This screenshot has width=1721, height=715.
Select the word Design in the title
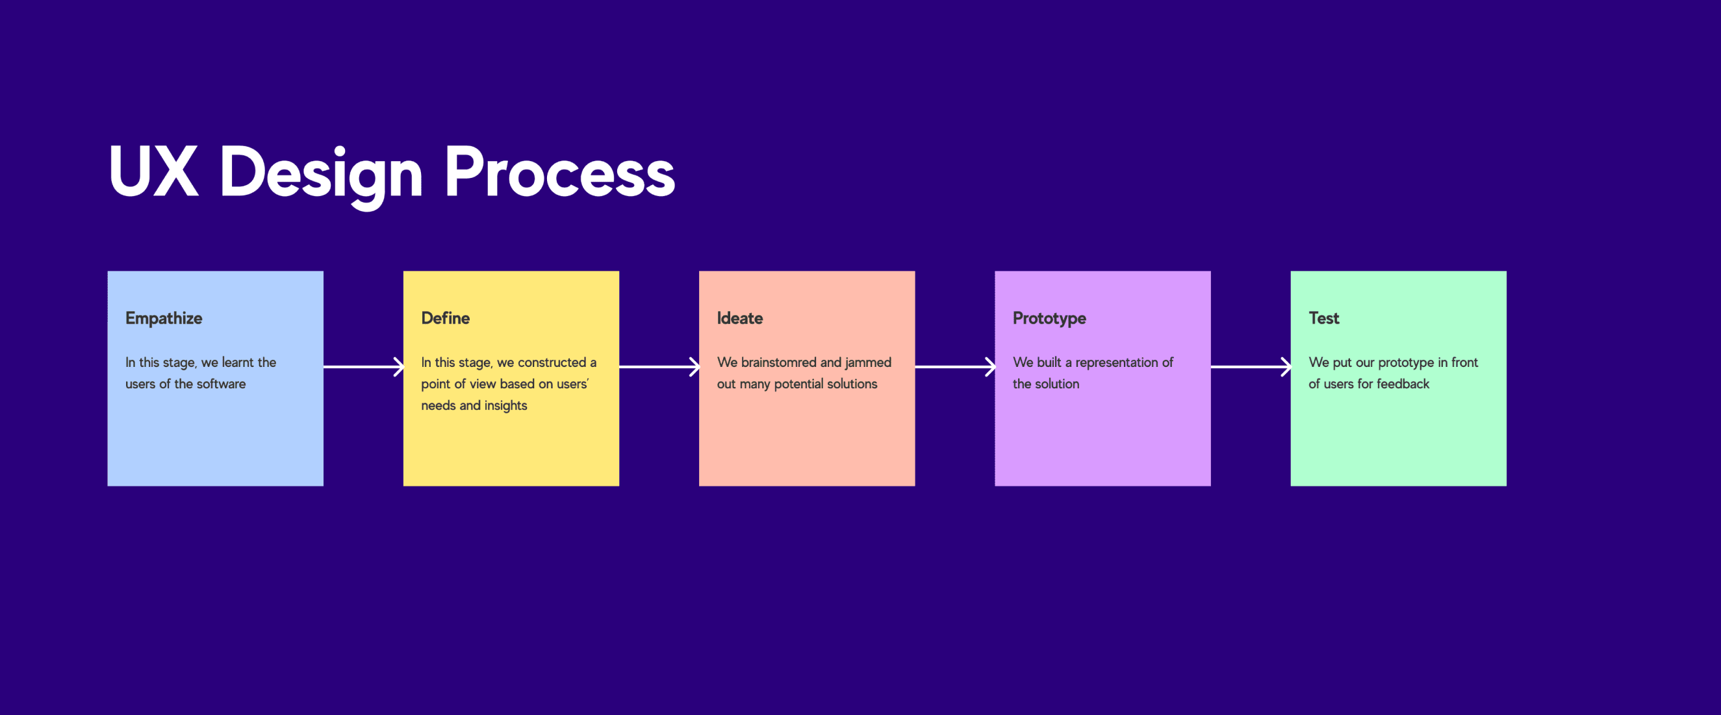[x=322, y=176]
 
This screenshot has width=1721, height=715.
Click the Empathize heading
[x=164, y=318]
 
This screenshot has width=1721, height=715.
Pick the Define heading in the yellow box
[x=445, y=318]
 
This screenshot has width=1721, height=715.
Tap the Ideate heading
[x=739, y=318]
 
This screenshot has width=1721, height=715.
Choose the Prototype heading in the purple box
[x=1049, y=318]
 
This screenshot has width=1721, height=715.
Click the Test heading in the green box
[x=1323, y=318]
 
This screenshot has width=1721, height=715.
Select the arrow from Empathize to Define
[x=363, y=366]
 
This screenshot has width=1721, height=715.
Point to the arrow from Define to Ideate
[x=659, y=366]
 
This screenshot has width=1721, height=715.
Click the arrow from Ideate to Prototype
[x=954, y=366]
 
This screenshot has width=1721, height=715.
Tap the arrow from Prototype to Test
[x=1251, y=366]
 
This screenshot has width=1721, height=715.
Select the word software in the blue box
[x=221, y=383]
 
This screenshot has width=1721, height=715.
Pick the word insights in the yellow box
[x=505, y=406]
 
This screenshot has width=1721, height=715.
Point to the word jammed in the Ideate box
[x=868, y=362]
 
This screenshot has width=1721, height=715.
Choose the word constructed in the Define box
[x=551, y=362]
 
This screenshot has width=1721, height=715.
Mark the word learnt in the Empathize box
[x=238, y=362]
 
